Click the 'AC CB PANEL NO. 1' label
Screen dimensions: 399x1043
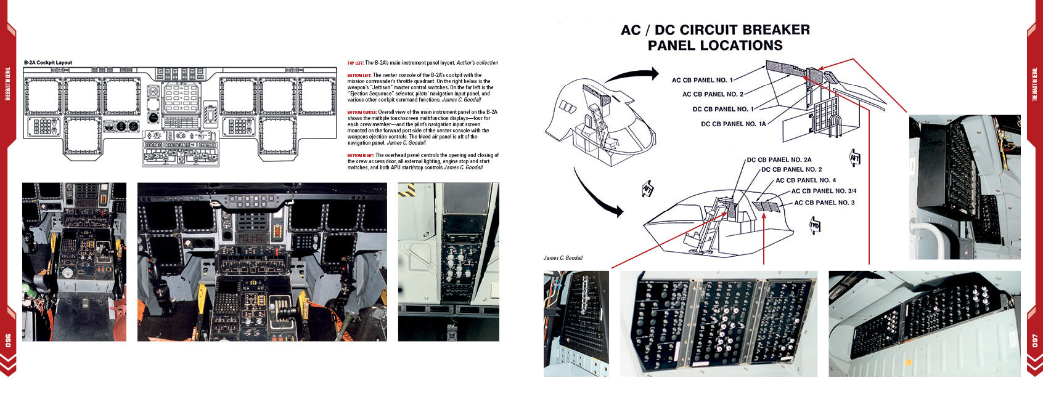702,80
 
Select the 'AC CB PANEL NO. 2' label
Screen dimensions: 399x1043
713,94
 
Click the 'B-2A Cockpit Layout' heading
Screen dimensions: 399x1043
48,63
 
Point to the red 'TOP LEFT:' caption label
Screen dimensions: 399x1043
355,63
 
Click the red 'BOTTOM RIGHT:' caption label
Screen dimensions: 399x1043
360,155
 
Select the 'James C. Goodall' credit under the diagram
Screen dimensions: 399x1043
563,258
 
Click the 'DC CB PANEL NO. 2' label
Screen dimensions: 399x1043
791,170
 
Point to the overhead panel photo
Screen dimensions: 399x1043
448,262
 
